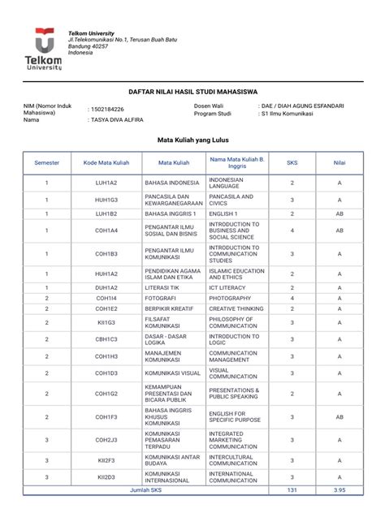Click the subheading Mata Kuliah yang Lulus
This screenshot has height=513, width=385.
point(192,140)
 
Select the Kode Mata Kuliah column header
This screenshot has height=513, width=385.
point(106,162)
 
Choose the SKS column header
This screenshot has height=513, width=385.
point(292,162)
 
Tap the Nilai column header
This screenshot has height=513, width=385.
point(340,162)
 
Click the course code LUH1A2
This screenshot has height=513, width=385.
point(106,183)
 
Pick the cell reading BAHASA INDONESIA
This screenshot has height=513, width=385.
point(171,183)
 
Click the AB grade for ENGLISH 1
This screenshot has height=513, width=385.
point(340,213)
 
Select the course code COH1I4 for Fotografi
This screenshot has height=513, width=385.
point(106,298)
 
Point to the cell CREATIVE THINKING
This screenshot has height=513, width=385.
point(236,308)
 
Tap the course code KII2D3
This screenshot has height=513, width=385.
point(106,477)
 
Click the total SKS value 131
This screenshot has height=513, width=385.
point(292,490)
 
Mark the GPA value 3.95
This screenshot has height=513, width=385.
point(340,490)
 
